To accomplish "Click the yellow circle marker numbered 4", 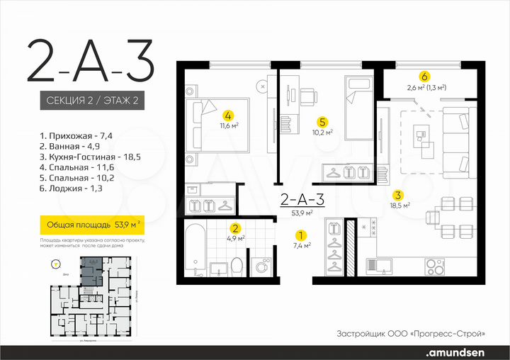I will [x=227, y=115].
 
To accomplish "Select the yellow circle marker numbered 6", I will [x=424, y=77].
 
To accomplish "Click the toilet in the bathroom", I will [x=239, y=266].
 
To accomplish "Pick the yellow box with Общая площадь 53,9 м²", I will [x=89, y=226].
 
